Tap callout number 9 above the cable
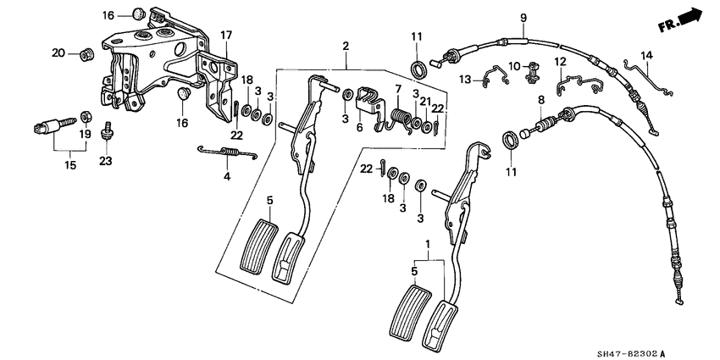[523, 18]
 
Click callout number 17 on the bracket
[226, 35]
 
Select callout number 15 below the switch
[70, 166]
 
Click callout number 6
[359, 127]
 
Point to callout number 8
[540, 100]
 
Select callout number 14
[647, 55]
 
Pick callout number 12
[559, 62]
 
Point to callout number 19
[86, 135]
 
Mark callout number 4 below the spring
[226, 177]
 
